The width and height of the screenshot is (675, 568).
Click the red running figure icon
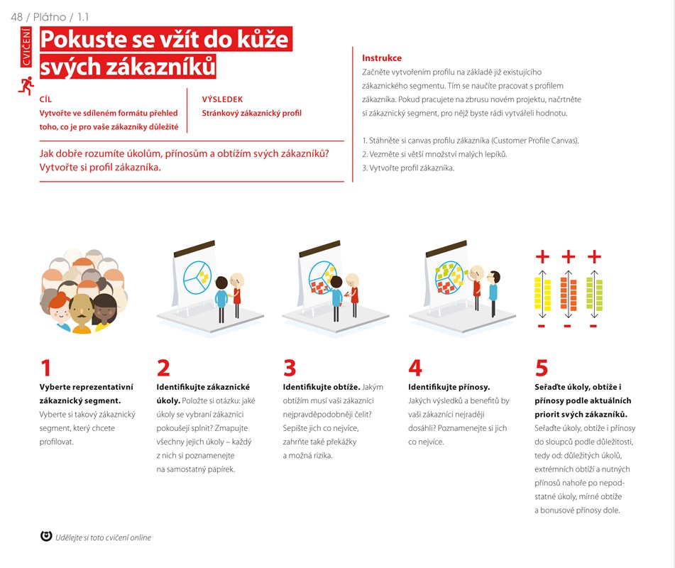(26, 86)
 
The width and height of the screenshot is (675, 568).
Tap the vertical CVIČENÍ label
(26, 47)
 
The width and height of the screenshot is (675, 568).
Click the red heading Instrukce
(381, 58)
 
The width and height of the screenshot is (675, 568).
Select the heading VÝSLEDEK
(222, 99)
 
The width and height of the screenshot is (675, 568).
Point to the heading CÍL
(45, 99)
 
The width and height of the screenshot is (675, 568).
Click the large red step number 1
(45, 368)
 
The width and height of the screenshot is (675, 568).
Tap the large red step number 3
(290, 368)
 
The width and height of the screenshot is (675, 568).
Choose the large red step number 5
(541, 368)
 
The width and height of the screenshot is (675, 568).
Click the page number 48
(17, 17)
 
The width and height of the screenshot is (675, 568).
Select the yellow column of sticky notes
(542, 294)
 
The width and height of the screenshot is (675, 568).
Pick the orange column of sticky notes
(569, 294)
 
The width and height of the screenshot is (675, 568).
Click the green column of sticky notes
(594, 294)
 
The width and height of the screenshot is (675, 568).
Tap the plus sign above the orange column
(569, 256)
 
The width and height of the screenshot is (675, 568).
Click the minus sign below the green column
(593, 326)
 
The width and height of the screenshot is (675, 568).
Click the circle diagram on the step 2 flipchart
(197, 278)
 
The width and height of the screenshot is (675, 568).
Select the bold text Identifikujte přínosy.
(449, 387)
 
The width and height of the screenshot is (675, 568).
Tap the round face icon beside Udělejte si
(46, 536)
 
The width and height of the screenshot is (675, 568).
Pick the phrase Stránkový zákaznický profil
(251, 114)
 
